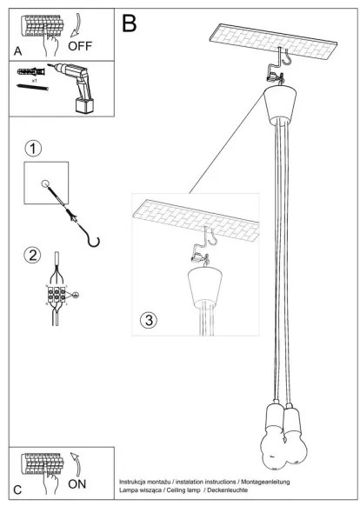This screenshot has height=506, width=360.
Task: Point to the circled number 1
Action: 33,148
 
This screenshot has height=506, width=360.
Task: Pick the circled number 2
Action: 33,256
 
